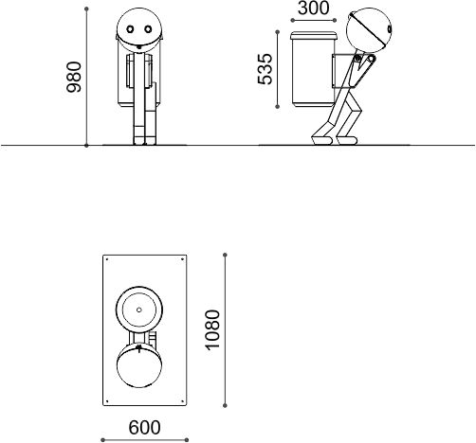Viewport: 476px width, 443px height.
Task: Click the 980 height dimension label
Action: click(74, 77)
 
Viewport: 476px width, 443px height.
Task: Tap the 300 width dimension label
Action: click(313, 9)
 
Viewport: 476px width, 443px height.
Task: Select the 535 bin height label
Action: click(265, 69)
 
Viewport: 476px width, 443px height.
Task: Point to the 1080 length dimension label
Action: click(212, 330)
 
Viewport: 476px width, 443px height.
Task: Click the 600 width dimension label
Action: click(144, 428)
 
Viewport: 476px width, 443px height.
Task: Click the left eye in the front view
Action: click(130, 29)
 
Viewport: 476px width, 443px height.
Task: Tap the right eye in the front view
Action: click(148, 29)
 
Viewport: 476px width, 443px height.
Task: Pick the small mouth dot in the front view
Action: click(138, 47)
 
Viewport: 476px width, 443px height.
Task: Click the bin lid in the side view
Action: click(314, 36)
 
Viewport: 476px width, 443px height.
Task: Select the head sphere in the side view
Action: click(369, 29)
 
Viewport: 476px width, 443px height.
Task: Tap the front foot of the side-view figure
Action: click(347, 140)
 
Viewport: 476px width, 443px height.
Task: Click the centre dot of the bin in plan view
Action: click(139, 310)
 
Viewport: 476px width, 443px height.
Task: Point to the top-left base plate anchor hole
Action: click(107, 259)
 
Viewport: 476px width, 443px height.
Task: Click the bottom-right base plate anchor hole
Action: click(182, 401)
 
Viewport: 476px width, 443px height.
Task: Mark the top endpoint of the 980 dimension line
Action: click(86, 9)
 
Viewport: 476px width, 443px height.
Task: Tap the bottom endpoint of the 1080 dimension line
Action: click(225, 405)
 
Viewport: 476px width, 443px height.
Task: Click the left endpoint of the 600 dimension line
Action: click(102, 440)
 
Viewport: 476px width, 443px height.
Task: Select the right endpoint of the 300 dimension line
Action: click(335, 20)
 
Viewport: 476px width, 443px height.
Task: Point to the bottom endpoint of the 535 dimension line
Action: click(278, 107)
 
